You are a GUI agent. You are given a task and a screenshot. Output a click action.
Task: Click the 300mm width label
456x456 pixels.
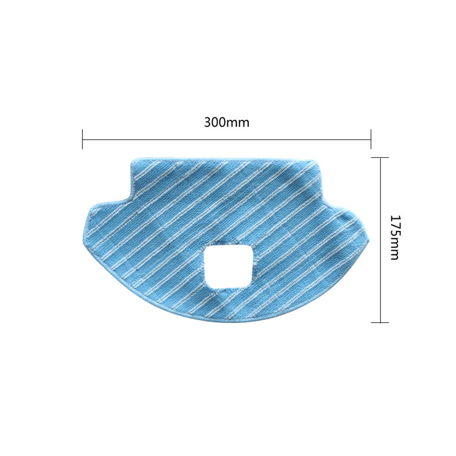(227, 122)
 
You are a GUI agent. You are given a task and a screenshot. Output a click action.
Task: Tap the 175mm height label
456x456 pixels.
(395, 237)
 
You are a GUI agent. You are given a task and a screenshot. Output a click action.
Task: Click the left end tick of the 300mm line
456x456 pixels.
(82, 139)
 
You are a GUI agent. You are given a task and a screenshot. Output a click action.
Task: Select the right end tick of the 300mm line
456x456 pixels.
(371, 139)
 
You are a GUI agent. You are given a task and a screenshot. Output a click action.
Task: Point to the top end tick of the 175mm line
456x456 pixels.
(380, 158)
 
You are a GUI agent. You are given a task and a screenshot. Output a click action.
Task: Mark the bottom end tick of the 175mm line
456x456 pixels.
(380, 322)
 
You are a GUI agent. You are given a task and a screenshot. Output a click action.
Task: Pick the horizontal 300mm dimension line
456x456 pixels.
(227, 140)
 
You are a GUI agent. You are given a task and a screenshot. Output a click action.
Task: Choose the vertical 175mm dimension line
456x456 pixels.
(380, 240)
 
